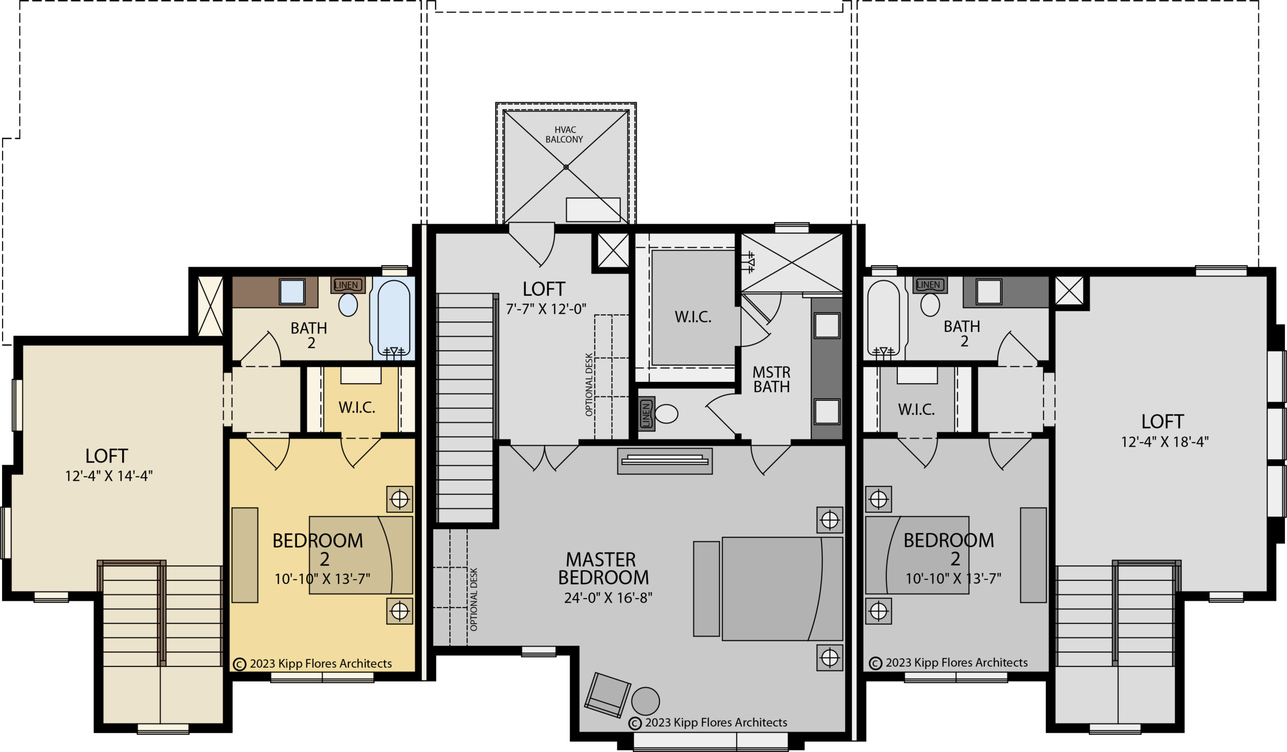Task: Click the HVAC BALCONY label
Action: tap(565, 135)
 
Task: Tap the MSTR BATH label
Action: tap(771, 380)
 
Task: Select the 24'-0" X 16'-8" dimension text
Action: tap(608, 598)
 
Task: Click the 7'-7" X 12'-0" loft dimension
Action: tap(546, 309)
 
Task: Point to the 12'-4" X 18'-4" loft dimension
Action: tap(1164, 442)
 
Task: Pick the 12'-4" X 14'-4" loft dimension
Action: tap(109, 476)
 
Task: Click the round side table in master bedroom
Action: tap(646, 701)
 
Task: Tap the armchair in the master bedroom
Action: tap(607, 695)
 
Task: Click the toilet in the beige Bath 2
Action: tap(348, 304)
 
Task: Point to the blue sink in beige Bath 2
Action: tap(292, 292)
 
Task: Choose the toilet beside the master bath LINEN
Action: tap(667, 414)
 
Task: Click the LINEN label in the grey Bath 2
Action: tap(928, 285)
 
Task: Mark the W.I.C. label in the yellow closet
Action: tap(356, 407)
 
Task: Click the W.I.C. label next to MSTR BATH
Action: tap(693, 317)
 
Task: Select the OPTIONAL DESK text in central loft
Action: tap(589, 384)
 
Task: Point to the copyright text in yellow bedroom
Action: tap(313, 663)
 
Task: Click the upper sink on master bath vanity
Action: tap(827, 325)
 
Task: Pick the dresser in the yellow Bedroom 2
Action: tap(245, 555)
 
